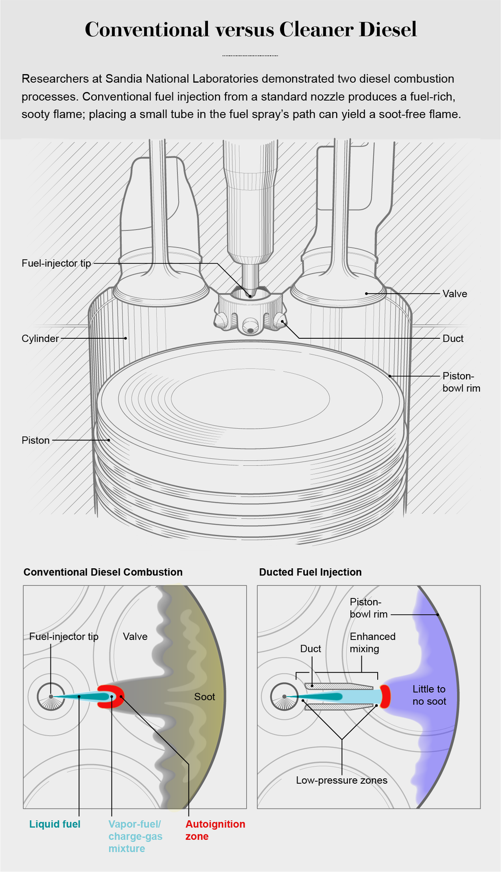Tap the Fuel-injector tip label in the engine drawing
[56, 263]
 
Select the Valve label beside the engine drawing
[454, 294]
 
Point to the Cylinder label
[40, 338]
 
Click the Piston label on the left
[36, 440]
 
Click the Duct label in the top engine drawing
[452, 338]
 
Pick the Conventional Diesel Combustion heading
[103, 572]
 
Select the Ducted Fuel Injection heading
[310, 572]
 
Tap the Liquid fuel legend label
[55, 824]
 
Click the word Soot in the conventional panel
[204, 697]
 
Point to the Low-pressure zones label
[341, 780]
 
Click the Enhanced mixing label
[372, 642]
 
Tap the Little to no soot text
[429, 695]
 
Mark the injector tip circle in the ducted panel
[284, 697]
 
